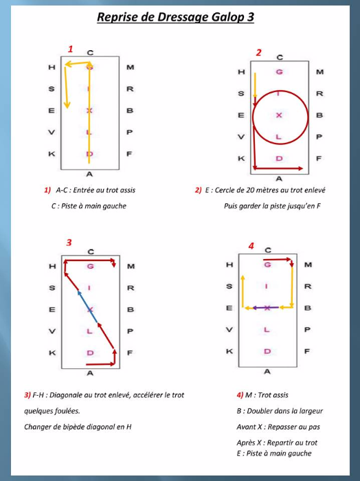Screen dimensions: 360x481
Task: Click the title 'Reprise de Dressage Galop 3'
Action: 175,17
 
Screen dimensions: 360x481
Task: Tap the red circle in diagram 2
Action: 308,118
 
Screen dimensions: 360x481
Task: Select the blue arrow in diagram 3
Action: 88,306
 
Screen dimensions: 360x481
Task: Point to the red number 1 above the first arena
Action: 71,49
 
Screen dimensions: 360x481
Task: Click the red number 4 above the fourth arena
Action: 251,246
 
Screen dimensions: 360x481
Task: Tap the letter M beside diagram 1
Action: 131,67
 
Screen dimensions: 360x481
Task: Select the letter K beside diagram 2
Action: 241,158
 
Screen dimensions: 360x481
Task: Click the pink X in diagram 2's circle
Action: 279,115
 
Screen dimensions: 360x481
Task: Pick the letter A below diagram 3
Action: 89,373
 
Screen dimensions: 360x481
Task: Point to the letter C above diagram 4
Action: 268,250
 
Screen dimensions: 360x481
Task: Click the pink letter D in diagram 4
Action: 267,351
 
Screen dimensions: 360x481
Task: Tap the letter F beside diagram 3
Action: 130,353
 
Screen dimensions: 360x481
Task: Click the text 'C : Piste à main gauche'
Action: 89,206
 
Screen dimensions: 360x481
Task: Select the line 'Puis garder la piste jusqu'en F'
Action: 272,206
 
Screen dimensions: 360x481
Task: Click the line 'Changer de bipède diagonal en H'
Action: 78,427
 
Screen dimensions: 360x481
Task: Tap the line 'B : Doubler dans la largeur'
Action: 280,411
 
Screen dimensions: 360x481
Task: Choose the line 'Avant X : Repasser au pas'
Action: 278,427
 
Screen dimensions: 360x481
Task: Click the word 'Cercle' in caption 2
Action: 225,190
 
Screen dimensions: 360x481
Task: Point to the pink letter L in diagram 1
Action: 89,132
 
